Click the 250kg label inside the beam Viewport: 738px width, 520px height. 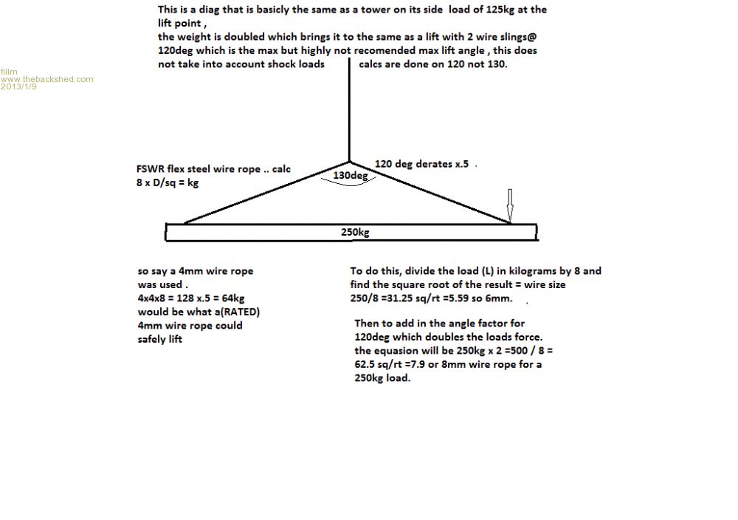(355, 232)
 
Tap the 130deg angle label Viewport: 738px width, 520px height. (348, 177)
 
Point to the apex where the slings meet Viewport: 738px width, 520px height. (349, 162)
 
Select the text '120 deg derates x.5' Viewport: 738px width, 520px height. (421, 164)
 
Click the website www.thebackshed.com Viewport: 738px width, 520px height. (47, 79)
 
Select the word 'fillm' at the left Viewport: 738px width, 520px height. (9, 72)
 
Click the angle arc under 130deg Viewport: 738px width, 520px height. (348, 186)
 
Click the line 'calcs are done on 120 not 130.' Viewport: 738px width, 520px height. (434, 64)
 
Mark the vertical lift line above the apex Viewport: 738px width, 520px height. (349, 111)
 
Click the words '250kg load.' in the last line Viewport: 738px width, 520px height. (384, 377)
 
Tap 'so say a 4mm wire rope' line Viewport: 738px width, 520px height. (195, 271)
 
